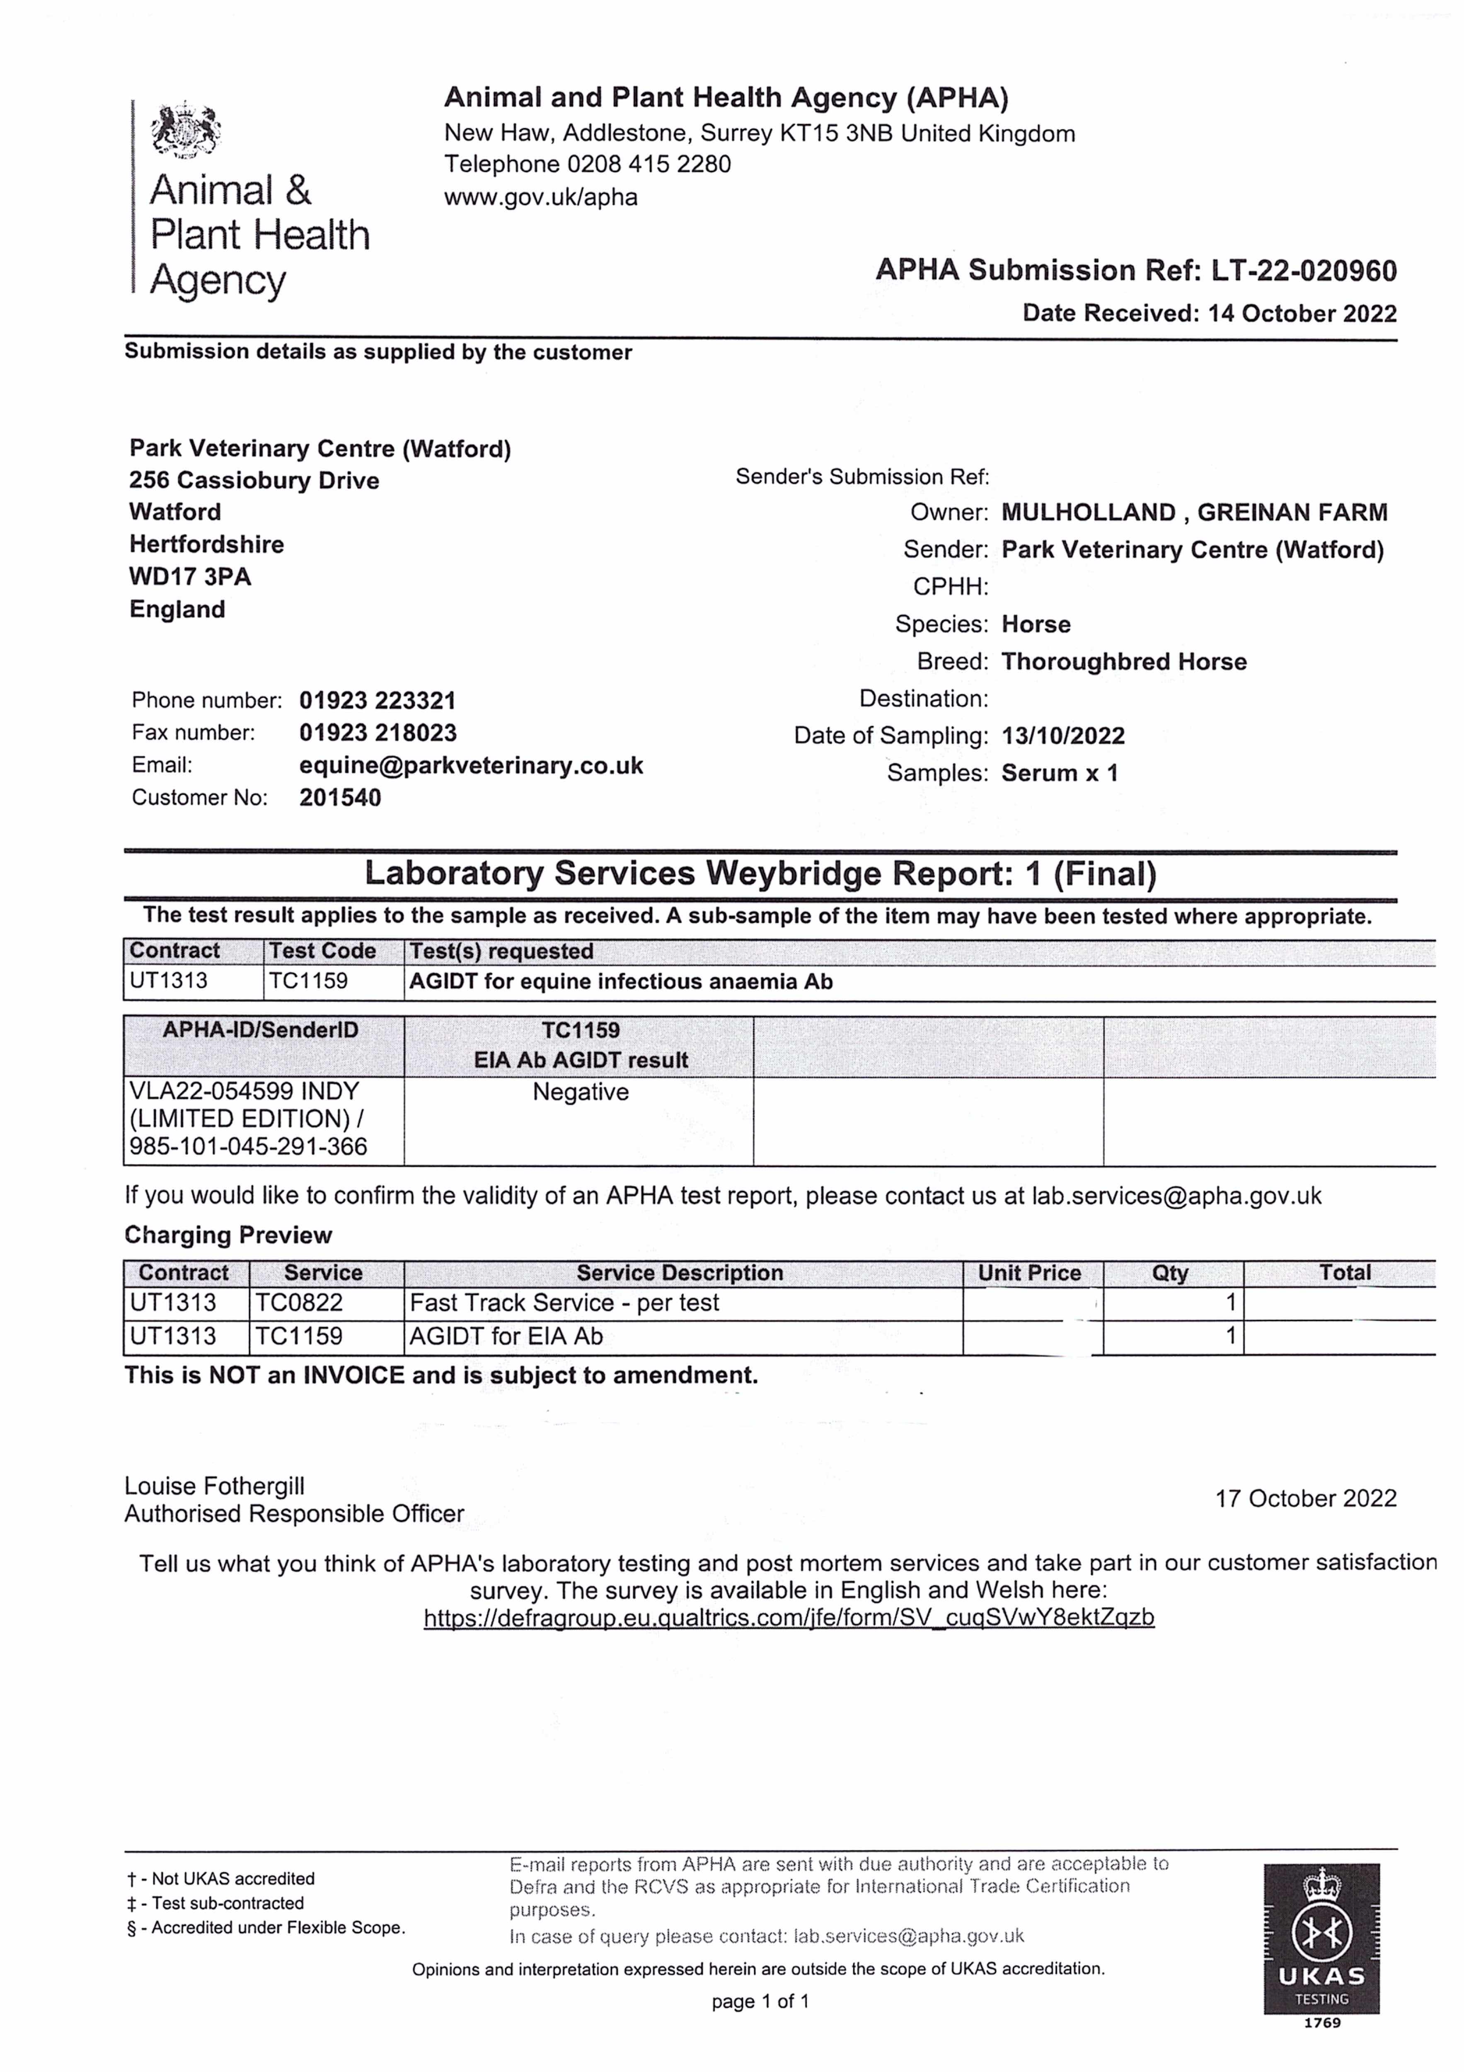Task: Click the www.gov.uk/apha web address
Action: [x=541, y=197]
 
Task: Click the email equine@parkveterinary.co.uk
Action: [x=471, y=765]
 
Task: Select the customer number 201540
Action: [x=340, y=798]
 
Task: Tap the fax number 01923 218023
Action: [x=378, y=733]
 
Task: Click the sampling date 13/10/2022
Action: [x=1063, y=736]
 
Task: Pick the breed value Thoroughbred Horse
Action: [x=1124, y=661]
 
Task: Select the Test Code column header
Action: [x=322, y=951]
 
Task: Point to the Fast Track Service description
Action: [x=564, y=1303]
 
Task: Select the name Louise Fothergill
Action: [x=215, y=1486]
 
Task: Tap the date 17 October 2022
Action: [x=1305, y=1499]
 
